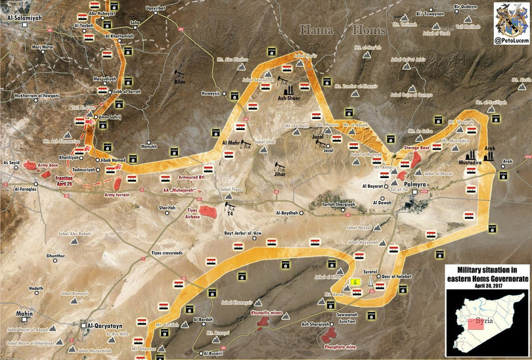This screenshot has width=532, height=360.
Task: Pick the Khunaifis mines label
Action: point(267,313)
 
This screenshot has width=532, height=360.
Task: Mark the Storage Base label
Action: point(416,148)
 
